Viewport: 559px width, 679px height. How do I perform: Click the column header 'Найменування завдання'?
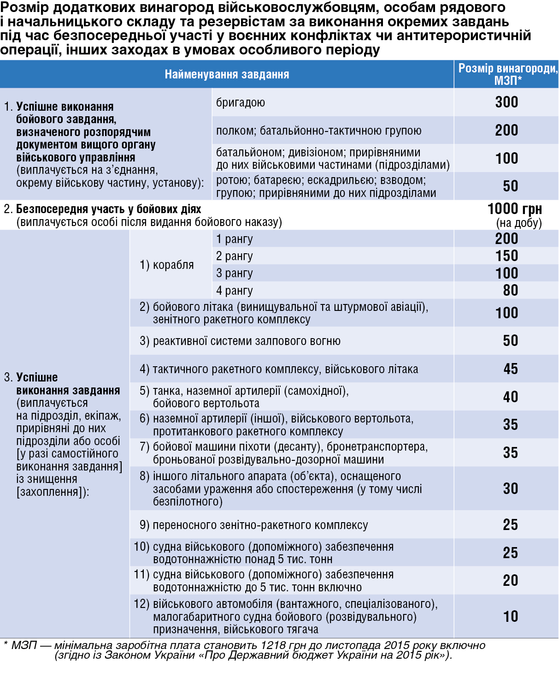pos(227,74)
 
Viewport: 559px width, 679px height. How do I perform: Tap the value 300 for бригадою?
pos(506,102)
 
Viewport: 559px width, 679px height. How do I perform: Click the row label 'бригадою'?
pos(241,102)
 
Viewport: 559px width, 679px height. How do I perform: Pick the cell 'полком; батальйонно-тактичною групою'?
pos(318,131)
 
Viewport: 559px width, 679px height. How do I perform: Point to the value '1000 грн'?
pos(514,209)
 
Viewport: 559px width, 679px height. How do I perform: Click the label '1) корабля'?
pos(166,265)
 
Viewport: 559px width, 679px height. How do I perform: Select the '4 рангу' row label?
pos(234,291)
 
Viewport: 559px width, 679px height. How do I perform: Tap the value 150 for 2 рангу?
pos(506,256)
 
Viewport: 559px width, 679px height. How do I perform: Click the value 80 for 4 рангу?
pos(510,290)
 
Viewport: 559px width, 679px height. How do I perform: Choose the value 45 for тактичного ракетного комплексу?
pos(510,369)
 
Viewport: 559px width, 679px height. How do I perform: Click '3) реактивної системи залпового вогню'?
pos(240,341)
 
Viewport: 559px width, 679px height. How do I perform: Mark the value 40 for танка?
pos(510,397)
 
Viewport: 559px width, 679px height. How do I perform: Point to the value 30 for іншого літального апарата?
pos(510,488)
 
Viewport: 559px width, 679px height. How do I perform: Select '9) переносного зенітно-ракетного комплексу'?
pos(253,525)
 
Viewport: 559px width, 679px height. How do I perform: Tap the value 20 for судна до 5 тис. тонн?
pos(510,580)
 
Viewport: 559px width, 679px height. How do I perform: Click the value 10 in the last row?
pos(510,616)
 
